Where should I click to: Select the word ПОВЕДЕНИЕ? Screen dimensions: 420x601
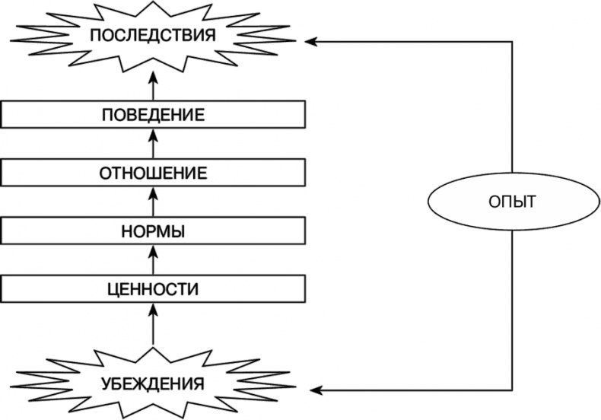pyautogui.click(x=153, y=116)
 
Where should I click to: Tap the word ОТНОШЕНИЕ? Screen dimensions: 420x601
pyautogui.click(x=153, y=173)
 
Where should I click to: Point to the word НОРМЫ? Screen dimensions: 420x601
pyautogui.click(x=153, y=231)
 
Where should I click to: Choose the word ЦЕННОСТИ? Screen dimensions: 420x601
pyautogui.click(x=153, y=289)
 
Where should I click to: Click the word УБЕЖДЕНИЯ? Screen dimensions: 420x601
pyautogui.click(x=153, y=383)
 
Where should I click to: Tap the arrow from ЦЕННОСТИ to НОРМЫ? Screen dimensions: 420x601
pyautogui.click(x=153, y=262)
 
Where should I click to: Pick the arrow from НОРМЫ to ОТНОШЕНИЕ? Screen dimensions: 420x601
pyautogui.click(x=153, y=202)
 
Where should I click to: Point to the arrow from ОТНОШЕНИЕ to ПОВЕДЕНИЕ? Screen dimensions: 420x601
pyautogui.click(x=153, y=145)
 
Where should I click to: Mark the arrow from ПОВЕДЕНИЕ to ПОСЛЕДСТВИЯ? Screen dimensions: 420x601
pyautogui.click(x=153, y=86)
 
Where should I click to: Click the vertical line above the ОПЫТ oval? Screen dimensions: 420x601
pyautogui.click(x=512, y=107)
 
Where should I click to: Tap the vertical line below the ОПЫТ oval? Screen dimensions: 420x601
pyautogui.click(x=512, y=304)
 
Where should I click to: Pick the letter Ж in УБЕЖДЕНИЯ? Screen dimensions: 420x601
pyautogui.click(x=139, y=383)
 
